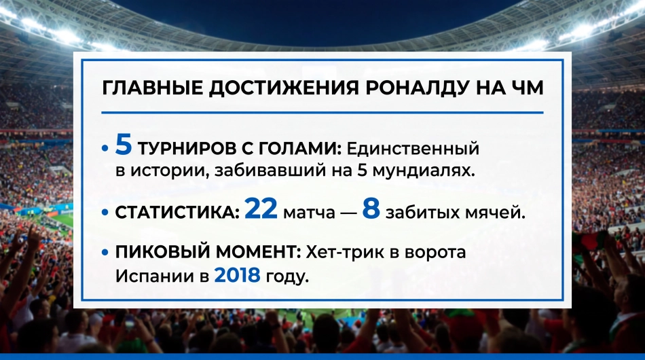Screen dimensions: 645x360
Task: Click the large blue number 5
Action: click(124, 145)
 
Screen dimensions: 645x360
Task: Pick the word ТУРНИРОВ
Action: click(187, 148)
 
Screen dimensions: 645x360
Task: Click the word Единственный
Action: click(413, 148)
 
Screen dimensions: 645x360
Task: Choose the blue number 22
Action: click(261, 209)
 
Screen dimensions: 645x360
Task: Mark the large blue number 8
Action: click(371, 209)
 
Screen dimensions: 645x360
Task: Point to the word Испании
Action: click(154, 276)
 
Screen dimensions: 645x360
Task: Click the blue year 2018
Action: click(238, 275)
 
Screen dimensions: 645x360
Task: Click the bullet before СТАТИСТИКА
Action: click(105, 213)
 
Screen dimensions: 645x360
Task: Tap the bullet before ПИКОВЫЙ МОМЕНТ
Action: click(105, 252)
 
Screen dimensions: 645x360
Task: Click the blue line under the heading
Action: click(322, 112)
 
